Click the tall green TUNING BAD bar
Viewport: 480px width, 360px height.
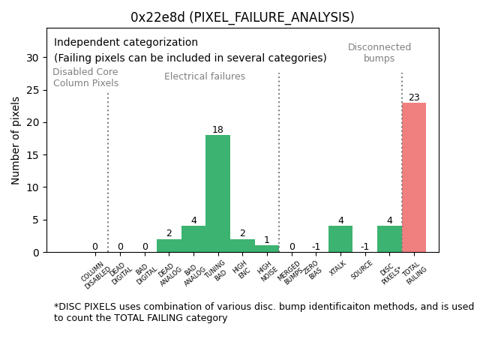pos(217,193)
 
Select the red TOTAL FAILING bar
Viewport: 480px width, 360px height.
pos(414,177)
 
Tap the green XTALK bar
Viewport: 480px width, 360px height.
pos(340,239)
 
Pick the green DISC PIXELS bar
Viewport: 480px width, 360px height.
pos(389,239)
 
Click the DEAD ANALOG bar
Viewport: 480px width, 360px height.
pos(169,246)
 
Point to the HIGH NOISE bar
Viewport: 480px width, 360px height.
pos(266,249)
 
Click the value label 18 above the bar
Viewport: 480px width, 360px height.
pos(217,130)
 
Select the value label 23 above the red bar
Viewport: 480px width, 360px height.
pos(414,97)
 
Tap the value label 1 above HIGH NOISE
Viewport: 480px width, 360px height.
pos(266,240)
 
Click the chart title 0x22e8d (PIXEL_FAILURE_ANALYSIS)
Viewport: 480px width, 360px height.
pos(242,17)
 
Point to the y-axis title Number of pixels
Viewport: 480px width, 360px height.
pos(16,140)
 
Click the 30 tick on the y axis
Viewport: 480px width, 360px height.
pos(32,58)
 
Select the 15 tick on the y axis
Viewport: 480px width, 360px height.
pos(32,155)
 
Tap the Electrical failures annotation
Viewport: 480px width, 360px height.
pos(205,76)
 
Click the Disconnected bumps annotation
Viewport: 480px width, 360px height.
pos(379,52)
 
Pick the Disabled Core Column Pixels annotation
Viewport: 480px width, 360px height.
pos(85,78)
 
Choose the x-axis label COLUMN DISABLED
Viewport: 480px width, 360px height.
pos(95,275)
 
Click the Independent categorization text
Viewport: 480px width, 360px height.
pos(126,43)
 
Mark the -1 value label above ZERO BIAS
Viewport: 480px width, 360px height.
pos(316,247)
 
